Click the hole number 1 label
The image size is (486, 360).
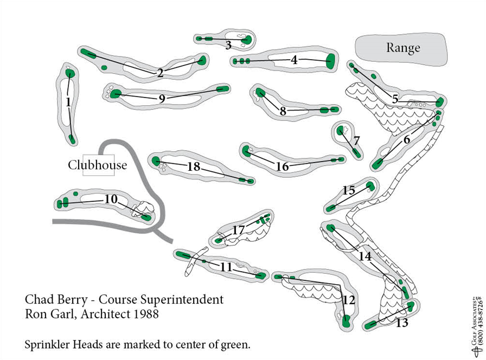68,102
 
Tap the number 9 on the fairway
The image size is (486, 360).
162,99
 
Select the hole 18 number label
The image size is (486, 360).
194,167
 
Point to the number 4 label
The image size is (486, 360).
294,60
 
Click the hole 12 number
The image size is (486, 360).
349,299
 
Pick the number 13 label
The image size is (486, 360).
402,324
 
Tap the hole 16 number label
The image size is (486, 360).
282,167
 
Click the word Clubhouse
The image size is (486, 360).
97,165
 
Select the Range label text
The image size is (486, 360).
402,48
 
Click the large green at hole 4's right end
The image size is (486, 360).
330,61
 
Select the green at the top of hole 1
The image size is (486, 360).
69,73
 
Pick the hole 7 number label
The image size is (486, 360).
356,140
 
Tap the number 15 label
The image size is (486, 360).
349,190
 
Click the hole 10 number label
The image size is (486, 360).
111,200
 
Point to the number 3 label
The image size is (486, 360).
228,45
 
